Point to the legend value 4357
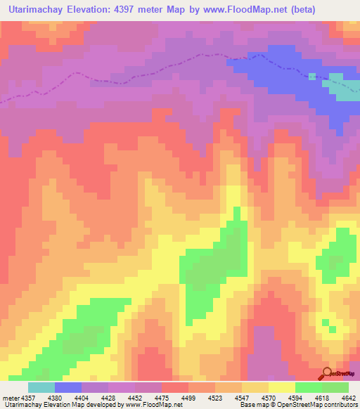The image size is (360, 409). tap(28, 397)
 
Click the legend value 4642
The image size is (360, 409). tap(347, 397)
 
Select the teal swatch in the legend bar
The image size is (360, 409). tap(41, 387)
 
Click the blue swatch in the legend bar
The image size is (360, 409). tap(68, 387)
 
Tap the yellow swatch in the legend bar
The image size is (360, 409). tap(281, 387)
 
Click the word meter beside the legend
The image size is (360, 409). tap(10, 397)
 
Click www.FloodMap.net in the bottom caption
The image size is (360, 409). tap(150, 405)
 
